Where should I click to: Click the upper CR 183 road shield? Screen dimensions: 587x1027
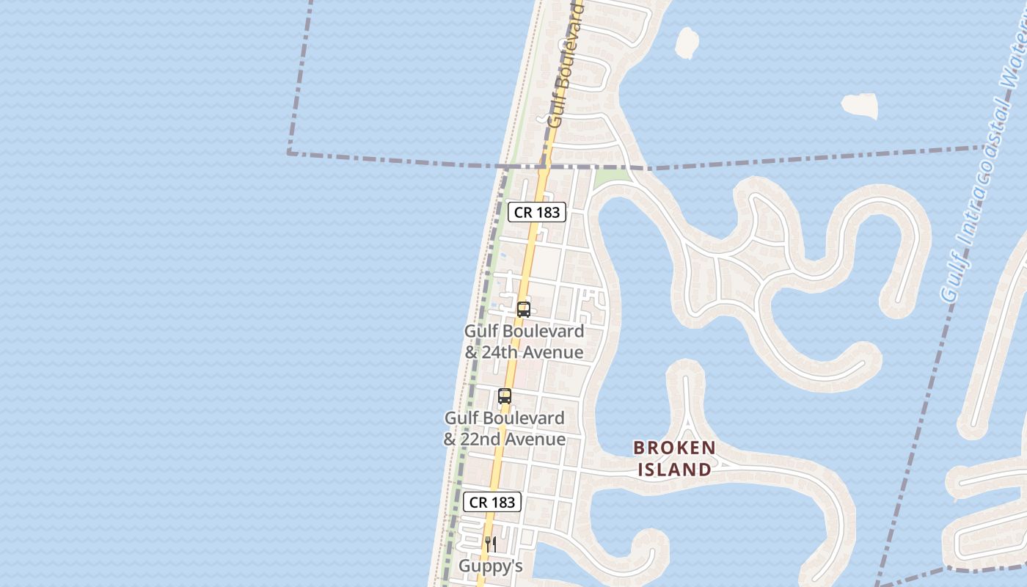(537, 212)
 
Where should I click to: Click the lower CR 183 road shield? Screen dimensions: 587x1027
(492, 502)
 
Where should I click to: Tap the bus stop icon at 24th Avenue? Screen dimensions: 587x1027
(524, 310)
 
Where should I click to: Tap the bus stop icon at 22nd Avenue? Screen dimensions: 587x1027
(505, 397)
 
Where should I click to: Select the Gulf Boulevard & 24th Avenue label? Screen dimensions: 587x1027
(524, 342)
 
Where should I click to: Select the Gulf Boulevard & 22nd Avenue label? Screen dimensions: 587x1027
(505, 429)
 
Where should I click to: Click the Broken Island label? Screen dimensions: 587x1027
(674, 459)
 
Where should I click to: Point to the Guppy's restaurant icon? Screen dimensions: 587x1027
(491, 544)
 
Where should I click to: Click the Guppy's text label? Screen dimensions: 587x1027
(491, 566)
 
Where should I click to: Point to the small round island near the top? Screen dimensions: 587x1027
(687, 43)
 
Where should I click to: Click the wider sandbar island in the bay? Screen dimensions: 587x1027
(860, 105)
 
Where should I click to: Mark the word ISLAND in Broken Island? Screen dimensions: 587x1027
(674, 470)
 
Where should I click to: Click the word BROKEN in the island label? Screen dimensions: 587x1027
(674, 448)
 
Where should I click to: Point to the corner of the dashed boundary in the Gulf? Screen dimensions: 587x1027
(290, 153)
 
